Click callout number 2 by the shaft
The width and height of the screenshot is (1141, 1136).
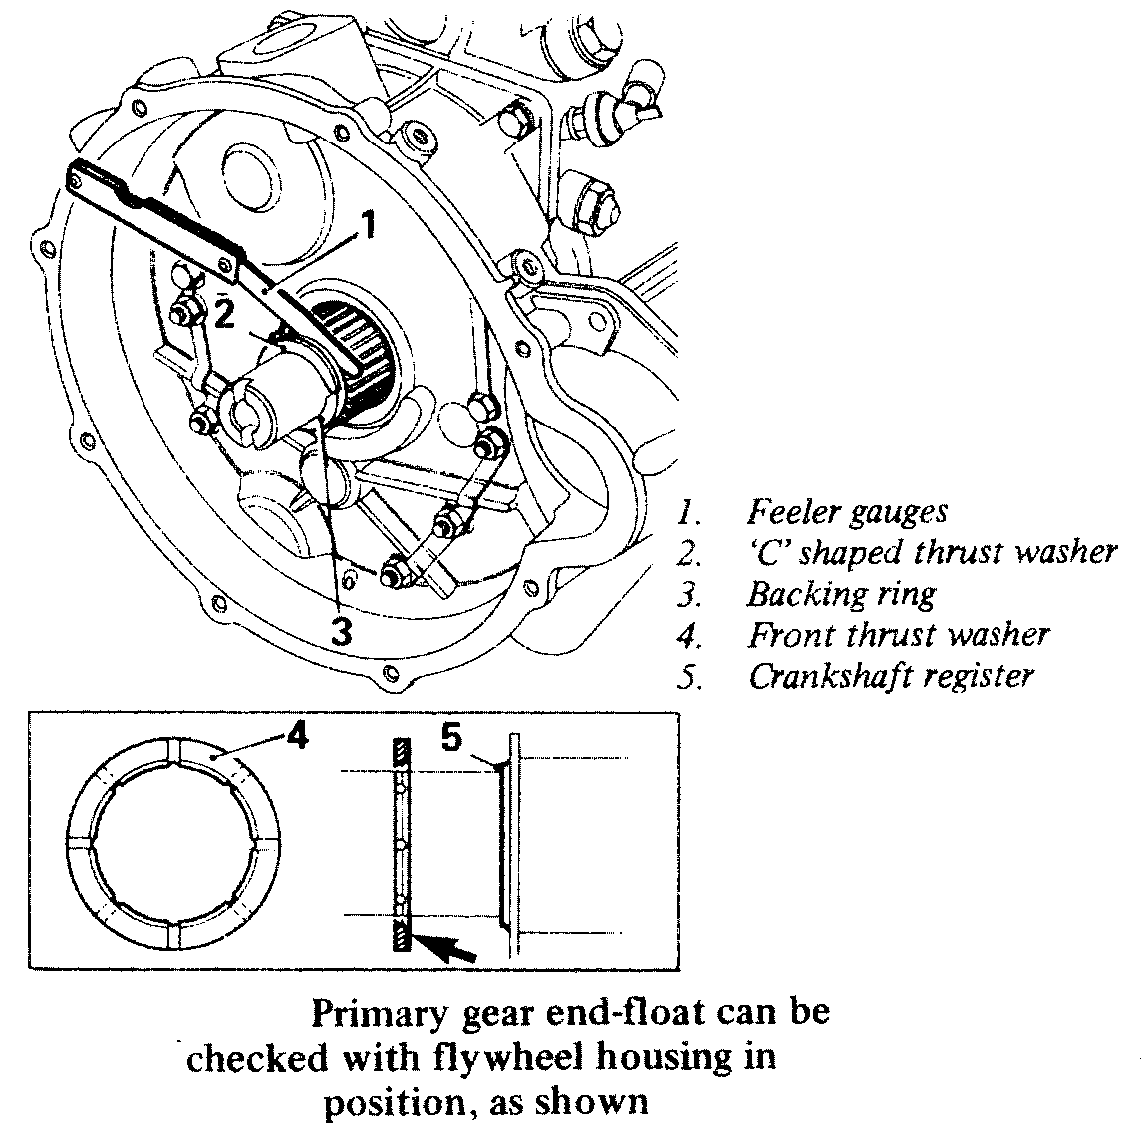point(225,314)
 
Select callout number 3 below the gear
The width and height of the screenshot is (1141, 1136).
point(343,630)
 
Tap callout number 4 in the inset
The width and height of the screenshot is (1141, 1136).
point(295,738)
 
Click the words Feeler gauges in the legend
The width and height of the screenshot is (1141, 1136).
point(847,512)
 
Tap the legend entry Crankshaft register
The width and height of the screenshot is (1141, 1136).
point(891,676)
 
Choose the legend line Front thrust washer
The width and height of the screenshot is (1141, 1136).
point(899,634)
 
